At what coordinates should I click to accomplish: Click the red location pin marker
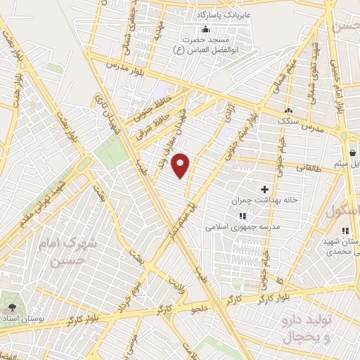(181, 165)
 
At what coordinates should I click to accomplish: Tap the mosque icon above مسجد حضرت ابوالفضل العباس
(205, 30)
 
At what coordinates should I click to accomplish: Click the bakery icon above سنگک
(288, 110)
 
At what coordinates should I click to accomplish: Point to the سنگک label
(288, 122)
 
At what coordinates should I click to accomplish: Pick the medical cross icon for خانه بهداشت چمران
(265, 188)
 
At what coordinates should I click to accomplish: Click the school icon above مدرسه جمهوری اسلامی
(243, 215)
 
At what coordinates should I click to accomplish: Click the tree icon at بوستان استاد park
(13, 307)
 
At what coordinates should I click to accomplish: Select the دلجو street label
(200, 307)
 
